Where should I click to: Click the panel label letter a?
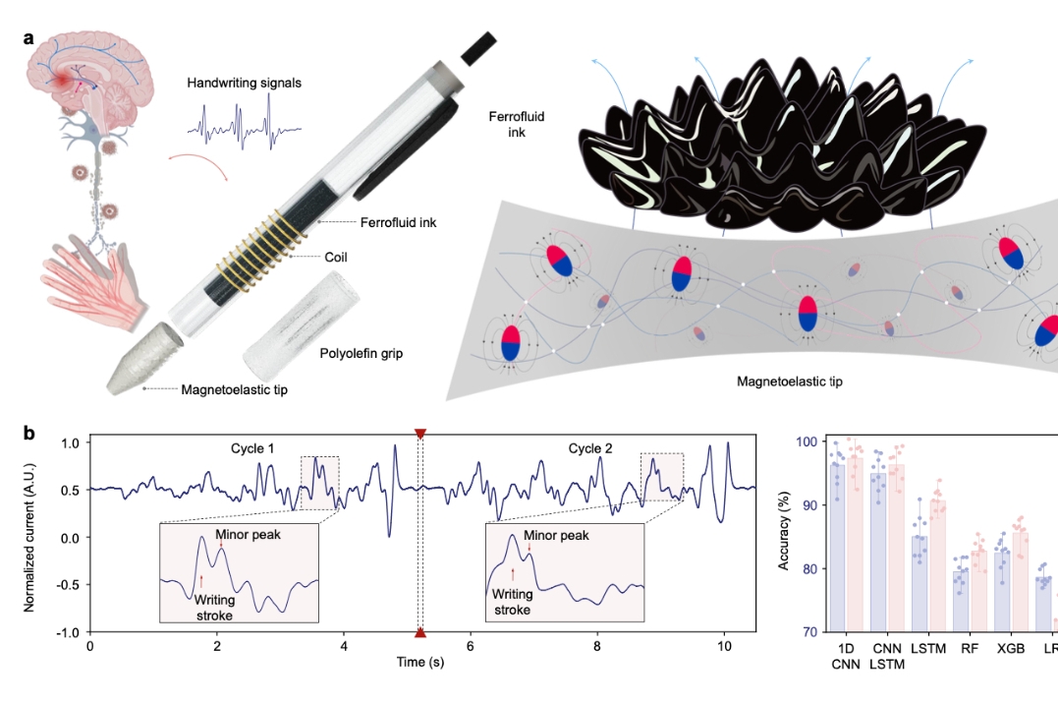click(28, 38)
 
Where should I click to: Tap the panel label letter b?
click(29, 432)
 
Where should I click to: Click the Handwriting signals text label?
click(244, 84)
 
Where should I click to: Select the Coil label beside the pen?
click(337, 257)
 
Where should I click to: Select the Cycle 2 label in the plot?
click(590, 449)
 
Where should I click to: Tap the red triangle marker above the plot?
click(420, 434)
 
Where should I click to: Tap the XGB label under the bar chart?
click(1012, 649)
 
